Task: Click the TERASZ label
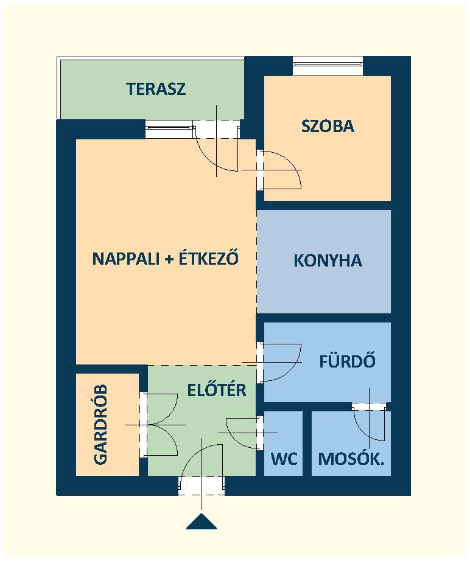tap(156, 89)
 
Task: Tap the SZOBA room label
tap(328, 127)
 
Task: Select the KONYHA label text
tap(328, 261)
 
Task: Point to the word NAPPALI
tap(125, 259)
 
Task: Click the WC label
tap(284, 459)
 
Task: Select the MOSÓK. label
tap(351, 459)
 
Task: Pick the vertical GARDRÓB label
tap(100, 425)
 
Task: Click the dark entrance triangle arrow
tap(202, 521)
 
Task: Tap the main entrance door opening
tap(202, 486)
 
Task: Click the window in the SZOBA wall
tap(328, 66)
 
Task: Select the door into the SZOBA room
tap(260, 170)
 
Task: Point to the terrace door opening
tap(216, 129)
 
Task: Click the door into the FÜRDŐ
tap(260, 362)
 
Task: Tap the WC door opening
tap(260, 432)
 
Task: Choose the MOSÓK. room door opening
tap(370, 407)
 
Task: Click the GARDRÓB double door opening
tap(143, 424)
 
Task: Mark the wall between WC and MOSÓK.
tap(307, 444)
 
